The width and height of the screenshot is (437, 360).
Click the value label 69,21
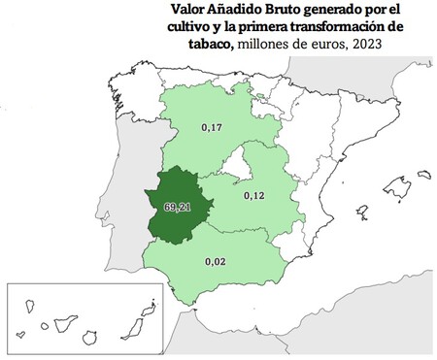point(178,207)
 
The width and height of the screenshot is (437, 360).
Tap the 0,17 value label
point(211,127)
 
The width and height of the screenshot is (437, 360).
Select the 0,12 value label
point(254,196)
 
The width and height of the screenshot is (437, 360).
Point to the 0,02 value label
point(216,261)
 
